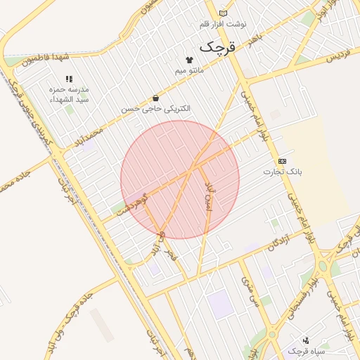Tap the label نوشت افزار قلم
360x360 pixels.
223,24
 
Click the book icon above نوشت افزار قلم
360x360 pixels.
223,13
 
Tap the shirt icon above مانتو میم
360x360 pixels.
188,60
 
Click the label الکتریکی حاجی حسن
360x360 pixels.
155,109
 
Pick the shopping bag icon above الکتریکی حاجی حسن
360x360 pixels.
155,98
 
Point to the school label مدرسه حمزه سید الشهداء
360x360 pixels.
68,95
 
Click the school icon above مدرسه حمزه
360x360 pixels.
68,79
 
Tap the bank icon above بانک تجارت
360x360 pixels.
282,161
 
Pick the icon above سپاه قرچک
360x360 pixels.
305,340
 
